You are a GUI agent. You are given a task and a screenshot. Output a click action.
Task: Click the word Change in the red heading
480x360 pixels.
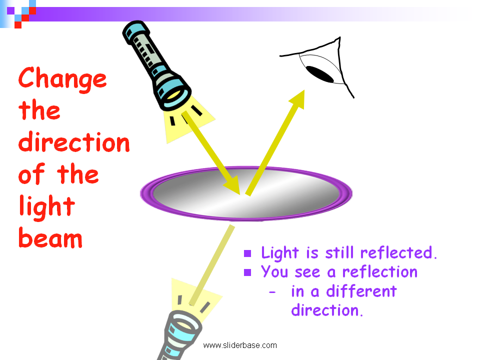[62, 79]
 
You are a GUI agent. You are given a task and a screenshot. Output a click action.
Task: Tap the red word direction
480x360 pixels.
[74, 142]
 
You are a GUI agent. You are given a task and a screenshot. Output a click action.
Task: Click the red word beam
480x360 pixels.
[50, 237]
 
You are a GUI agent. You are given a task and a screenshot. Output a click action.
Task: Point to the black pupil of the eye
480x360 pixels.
[320, 74]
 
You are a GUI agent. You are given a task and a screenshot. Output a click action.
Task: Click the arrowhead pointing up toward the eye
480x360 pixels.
[297, 99]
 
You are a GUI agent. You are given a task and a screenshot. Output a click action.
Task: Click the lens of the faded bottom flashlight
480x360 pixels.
[183, 325]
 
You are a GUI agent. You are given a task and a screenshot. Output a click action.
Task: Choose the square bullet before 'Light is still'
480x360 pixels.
[247, 253]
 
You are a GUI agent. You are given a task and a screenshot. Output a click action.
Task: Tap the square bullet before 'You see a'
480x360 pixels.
[247, 272]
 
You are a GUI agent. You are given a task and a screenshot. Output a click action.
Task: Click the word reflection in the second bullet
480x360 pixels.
[380, 272]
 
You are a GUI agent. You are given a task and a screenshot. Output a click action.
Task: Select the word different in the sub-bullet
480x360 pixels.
[361, 291]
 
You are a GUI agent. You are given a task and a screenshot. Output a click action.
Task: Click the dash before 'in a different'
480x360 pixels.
[272, 292]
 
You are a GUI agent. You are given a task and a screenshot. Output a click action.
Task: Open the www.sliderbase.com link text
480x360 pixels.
[240, 345]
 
